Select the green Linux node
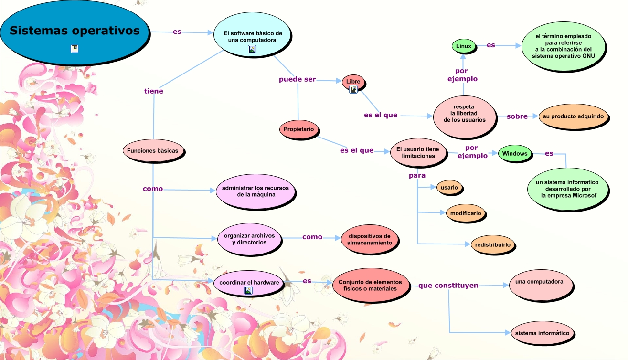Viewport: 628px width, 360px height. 464,46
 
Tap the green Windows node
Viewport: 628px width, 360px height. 515,154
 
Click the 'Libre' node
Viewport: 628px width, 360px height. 353,81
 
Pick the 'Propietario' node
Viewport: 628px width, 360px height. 299,129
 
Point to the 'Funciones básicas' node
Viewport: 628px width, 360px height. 152,151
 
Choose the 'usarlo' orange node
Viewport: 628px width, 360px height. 449,188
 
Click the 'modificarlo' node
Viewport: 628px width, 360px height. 466,213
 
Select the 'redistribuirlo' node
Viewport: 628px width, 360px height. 493,245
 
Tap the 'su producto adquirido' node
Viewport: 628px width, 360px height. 573,116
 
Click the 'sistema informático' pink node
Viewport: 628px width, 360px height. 542,333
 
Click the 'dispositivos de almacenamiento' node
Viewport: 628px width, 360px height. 370,239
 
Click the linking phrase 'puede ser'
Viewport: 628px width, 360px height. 297,80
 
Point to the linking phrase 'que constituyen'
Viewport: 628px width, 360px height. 448,286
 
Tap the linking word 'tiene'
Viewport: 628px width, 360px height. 154,91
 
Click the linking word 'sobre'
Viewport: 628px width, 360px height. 517,116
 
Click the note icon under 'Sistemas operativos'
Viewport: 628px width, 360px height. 75,49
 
